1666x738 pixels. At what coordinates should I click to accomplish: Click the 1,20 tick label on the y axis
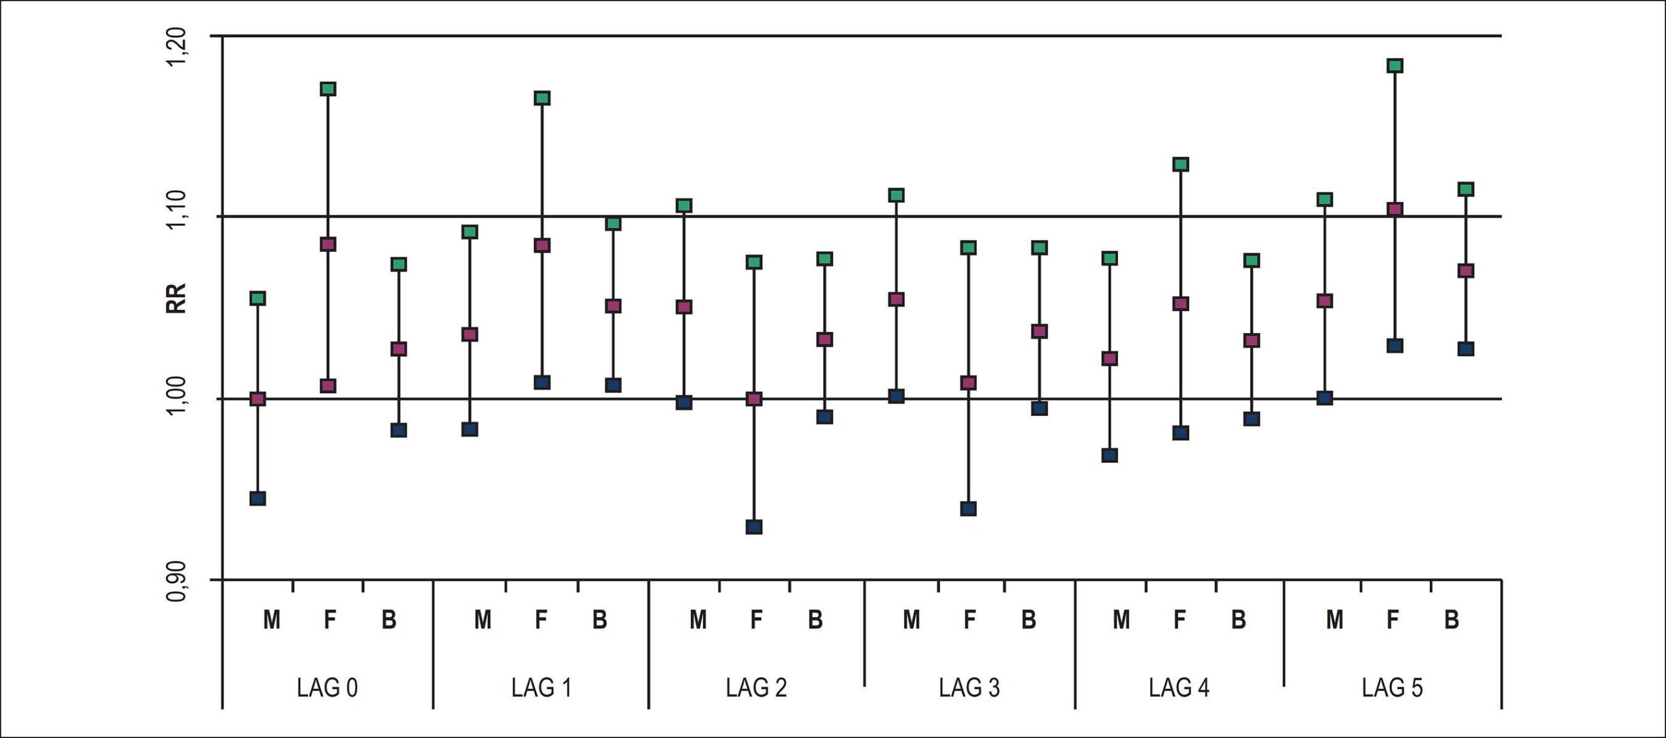click(x=176, y=47)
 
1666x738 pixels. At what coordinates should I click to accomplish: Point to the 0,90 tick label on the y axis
click(x=176, y=579)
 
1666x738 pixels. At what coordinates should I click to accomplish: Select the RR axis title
click(x=176, y=299)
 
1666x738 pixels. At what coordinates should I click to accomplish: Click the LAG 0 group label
click(x=327, y=688)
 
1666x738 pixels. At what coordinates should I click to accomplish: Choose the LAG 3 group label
click(x=969, y=688)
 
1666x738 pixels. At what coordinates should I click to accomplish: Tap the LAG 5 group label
click(x=1392, y=688)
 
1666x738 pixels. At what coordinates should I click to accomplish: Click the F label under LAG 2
click(x=756, y=620)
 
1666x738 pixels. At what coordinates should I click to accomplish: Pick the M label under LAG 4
click(x=1121, y=620)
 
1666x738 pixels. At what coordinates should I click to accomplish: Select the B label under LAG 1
click(x=599, y=620)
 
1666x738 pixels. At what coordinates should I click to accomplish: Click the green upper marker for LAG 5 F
click(x=1395, y=65)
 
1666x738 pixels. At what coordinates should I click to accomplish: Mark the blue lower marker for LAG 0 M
click(x=258, y=499)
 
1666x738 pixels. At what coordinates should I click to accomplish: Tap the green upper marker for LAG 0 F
click(x=328, y=89)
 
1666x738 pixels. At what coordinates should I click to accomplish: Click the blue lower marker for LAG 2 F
click(x=754, y=526)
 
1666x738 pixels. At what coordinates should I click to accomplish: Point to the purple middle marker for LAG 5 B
click(x=1466, y=271)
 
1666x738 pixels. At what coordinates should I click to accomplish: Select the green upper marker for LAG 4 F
click(x=1181, y=164)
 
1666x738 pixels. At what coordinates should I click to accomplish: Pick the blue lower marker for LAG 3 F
click(x=968, y=508)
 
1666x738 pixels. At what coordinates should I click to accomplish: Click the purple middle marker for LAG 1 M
click(x=470, y=335)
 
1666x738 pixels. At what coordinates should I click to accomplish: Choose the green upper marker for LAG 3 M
click(x=896, y=195)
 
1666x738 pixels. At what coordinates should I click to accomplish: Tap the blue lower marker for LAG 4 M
click(x=1110, y=455)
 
